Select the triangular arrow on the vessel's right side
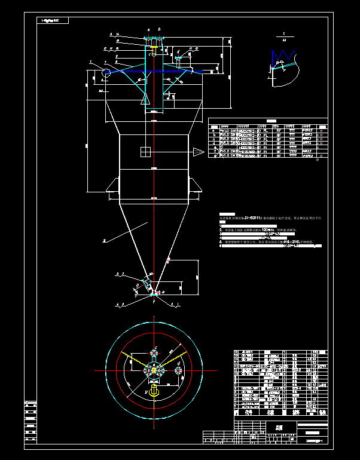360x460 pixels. coord(197,154)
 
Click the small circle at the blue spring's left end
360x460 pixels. coord(106,73)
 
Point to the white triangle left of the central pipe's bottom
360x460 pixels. coord(145,100)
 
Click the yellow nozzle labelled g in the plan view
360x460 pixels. coord(154,392)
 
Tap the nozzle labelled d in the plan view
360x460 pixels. coord(178,370)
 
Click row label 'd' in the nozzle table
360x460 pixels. coord(213,143)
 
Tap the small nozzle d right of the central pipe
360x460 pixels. coord(178,61)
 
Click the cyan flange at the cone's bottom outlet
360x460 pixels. coord(154,293)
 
